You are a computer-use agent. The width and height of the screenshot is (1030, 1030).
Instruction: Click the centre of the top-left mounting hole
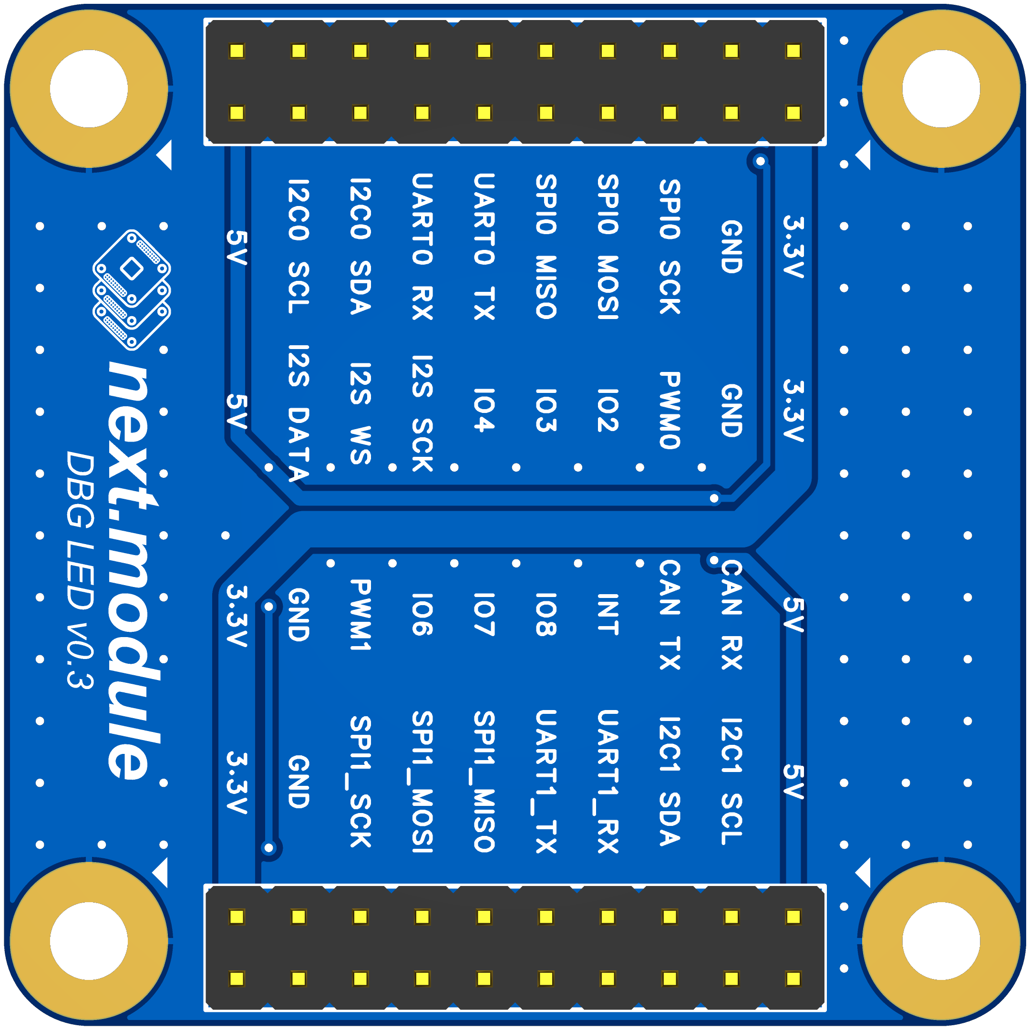click(x=89, y=89)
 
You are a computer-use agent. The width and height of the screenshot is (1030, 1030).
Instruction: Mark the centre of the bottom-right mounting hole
click(x=941, y=941)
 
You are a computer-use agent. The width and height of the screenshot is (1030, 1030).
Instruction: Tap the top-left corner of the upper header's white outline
click(x=204, y=19)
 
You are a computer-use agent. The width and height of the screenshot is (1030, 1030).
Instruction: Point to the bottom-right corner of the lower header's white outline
click(x=826, y=1011)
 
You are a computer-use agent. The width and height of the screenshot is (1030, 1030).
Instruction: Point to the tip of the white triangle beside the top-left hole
click(x=156, y=155)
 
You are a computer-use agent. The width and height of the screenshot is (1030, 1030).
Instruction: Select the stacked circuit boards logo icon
click(x=131, y=290)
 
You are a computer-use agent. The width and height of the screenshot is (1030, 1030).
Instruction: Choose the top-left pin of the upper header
click(x=237, y=51)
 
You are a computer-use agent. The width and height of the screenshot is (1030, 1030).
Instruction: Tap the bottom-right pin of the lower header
click(x=793, y=979)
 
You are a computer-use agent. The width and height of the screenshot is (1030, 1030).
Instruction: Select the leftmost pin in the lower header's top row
click(x=237, y=917)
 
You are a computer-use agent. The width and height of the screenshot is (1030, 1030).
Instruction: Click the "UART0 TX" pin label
click(x=484, y=247)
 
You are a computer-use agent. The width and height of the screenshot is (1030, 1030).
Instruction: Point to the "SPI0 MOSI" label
click(x=608, y=247)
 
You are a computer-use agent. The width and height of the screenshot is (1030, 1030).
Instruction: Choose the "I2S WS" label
click(x=360, y=413)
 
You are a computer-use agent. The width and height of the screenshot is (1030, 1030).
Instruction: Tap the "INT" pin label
click(x=608, y=614)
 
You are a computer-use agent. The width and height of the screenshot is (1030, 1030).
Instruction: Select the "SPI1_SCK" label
click(x=360, y=782)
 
